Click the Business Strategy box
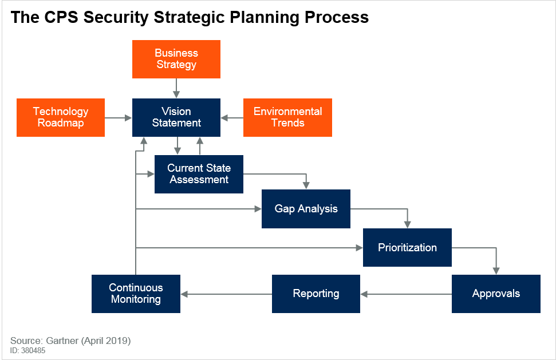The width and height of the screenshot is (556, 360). (x=176, y=59)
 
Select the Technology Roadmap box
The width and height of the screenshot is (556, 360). (x=61, y=117)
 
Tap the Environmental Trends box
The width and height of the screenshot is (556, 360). (x=287, y=117)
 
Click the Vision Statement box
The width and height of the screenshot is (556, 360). (x=176, y=117)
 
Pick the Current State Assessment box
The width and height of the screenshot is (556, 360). (x=199, y=174)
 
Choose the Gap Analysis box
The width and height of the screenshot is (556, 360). (x=306, y=209)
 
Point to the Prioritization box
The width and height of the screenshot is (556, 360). (x=407, y=247)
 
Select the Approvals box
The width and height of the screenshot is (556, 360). (x=496, y=294)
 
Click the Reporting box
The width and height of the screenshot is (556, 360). (x=316, y=294)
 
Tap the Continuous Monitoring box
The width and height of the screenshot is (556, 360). (x=136, y=294)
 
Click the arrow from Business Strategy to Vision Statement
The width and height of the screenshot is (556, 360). (x=176, y=88)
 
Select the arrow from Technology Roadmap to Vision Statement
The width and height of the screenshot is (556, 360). (x=119, y=118)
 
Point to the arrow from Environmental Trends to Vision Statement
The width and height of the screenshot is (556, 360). (x=232, y=118)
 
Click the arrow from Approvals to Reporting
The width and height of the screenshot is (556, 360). (x=406, y=294)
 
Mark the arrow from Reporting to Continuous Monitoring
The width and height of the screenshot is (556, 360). (x=226, y=294)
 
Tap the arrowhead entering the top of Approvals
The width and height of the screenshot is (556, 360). (x=496, y=271)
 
